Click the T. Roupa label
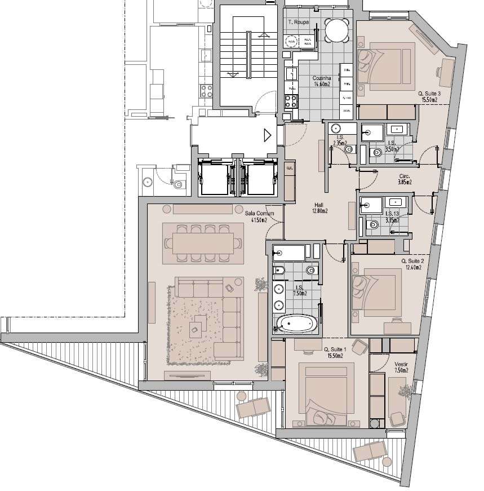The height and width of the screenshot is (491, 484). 298,23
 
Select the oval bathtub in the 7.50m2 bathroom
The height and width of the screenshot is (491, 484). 296,324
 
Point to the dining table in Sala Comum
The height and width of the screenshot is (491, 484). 203,244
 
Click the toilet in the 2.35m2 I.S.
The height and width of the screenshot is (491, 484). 349,149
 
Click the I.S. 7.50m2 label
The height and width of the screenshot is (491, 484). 299,290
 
